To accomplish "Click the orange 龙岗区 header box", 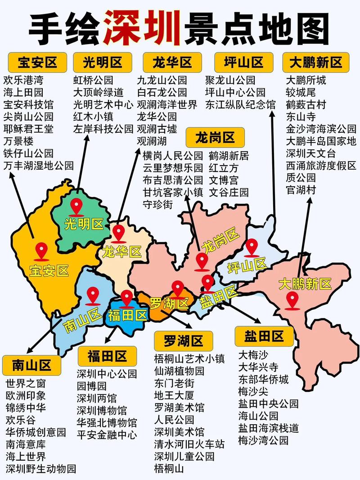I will coord(215,137).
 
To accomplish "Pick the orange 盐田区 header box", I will coord(264,336).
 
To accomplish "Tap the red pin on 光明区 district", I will coord(77,207).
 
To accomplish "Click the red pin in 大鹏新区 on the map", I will coord(293,300).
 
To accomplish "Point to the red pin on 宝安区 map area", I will coord(42,251).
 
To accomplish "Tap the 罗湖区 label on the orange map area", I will coord(169,303).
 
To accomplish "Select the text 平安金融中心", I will coord(107,435).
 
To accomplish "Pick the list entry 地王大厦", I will coord(174,396).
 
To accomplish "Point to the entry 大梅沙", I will coord(254,354).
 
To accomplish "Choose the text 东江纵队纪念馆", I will coord(240,105).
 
